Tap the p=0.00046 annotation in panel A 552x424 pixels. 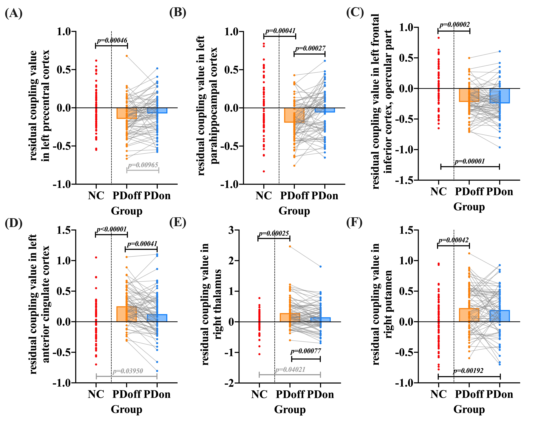pos(112,40)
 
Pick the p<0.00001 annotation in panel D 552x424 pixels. pos(111,229)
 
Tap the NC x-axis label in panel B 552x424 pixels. pos(263,196)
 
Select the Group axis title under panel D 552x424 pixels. pos(127,409)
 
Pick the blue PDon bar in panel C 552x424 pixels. pos(500,96)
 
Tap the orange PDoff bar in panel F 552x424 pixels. pos(469,315)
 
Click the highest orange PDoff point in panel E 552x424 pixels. pos(290,246)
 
